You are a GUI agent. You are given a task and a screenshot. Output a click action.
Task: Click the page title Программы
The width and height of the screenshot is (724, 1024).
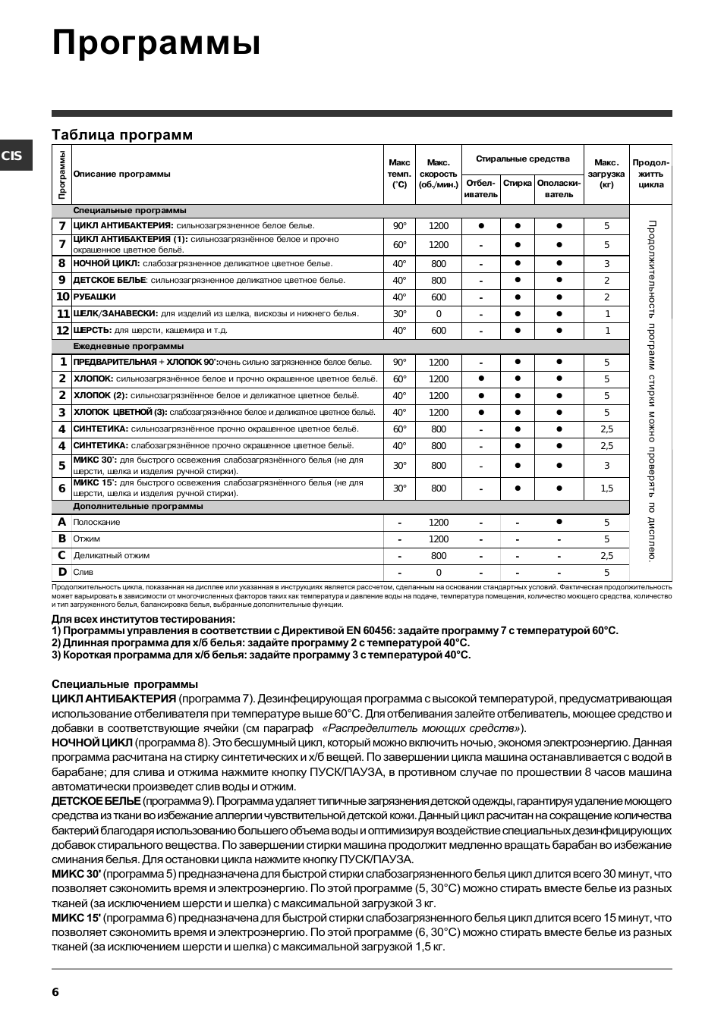tap(156, 43)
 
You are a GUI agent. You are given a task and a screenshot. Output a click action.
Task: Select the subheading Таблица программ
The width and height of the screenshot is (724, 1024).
tap(122, 135)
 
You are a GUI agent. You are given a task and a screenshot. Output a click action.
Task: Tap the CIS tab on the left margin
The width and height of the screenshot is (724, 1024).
tap(13, 156)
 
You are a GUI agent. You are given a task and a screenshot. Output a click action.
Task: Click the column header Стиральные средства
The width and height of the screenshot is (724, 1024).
tap(522, 159)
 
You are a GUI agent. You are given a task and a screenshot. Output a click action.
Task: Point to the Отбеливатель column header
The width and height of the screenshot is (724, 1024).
tap(480, 189)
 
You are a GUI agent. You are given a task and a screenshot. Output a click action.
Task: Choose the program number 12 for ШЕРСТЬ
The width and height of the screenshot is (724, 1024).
tap(62, 331)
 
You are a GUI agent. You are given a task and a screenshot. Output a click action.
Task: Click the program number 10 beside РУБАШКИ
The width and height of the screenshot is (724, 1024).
tap(62, 297)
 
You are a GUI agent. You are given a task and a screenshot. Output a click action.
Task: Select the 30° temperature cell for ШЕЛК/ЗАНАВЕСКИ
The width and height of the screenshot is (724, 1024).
tap(399, 314)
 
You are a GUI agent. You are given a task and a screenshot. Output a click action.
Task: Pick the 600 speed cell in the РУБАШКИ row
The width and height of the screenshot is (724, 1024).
tap(439, 297)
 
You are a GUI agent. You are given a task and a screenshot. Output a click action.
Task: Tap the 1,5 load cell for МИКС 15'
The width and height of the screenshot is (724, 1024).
tap(606, 488)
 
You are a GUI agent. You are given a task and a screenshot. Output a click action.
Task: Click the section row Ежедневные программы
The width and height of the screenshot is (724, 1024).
tap(128, 347)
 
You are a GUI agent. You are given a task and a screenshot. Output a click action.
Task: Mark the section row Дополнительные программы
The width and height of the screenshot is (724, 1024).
tap(138, 507)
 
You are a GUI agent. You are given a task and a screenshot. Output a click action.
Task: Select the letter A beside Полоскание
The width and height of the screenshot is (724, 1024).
tap(62, 523)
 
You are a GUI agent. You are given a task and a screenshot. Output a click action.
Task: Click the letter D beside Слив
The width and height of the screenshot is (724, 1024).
tap(62, 573)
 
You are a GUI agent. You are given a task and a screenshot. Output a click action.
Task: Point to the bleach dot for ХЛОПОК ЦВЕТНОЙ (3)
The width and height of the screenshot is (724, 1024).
tap(481, 413)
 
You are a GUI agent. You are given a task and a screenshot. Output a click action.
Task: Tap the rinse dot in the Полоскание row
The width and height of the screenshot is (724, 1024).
tap(559, 522)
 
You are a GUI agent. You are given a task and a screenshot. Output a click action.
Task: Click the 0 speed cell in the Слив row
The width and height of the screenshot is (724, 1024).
tap(439, 573)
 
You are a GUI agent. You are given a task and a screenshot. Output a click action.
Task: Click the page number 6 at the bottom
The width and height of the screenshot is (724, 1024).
tap(55, 992)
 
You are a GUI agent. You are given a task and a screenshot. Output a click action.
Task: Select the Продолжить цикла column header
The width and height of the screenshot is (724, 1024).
tap(650, 174)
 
